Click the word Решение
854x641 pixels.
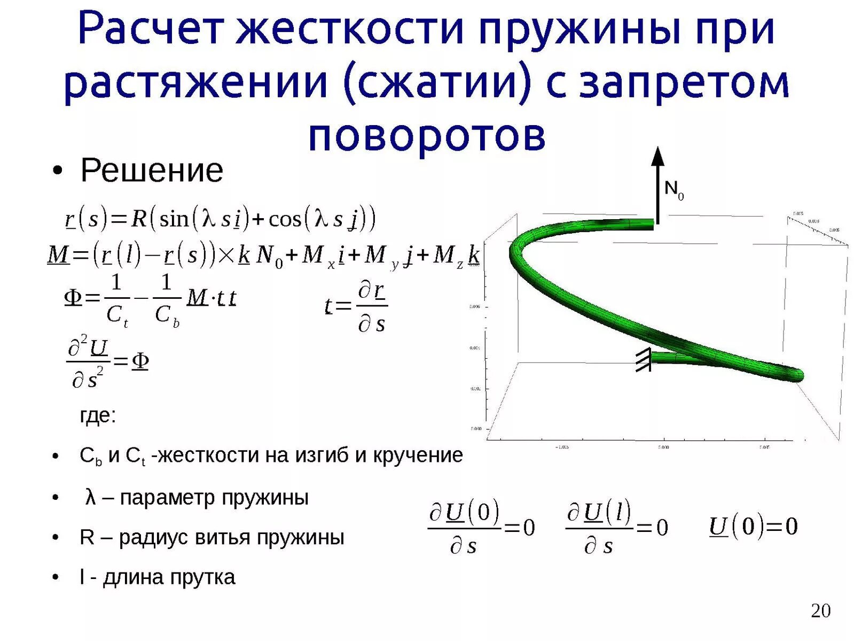point(152,171)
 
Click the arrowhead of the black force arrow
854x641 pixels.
point(658,156)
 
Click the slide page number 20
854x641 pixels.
point(820,611)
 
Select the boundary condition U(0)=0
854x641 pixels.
point(753,527)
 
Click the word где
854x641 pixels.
point(98,415)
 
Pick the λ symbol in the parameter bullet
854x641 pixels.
point(90,497)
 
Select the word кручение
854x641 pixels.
point(417,455)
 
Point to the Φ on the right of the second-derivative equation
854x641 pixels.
point(140,362)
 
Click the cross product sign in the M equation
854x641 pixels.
point(226,256)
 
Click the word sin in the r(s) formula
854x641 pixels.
point(174,219)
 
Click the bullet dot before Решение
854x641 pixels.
point(58,172)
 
